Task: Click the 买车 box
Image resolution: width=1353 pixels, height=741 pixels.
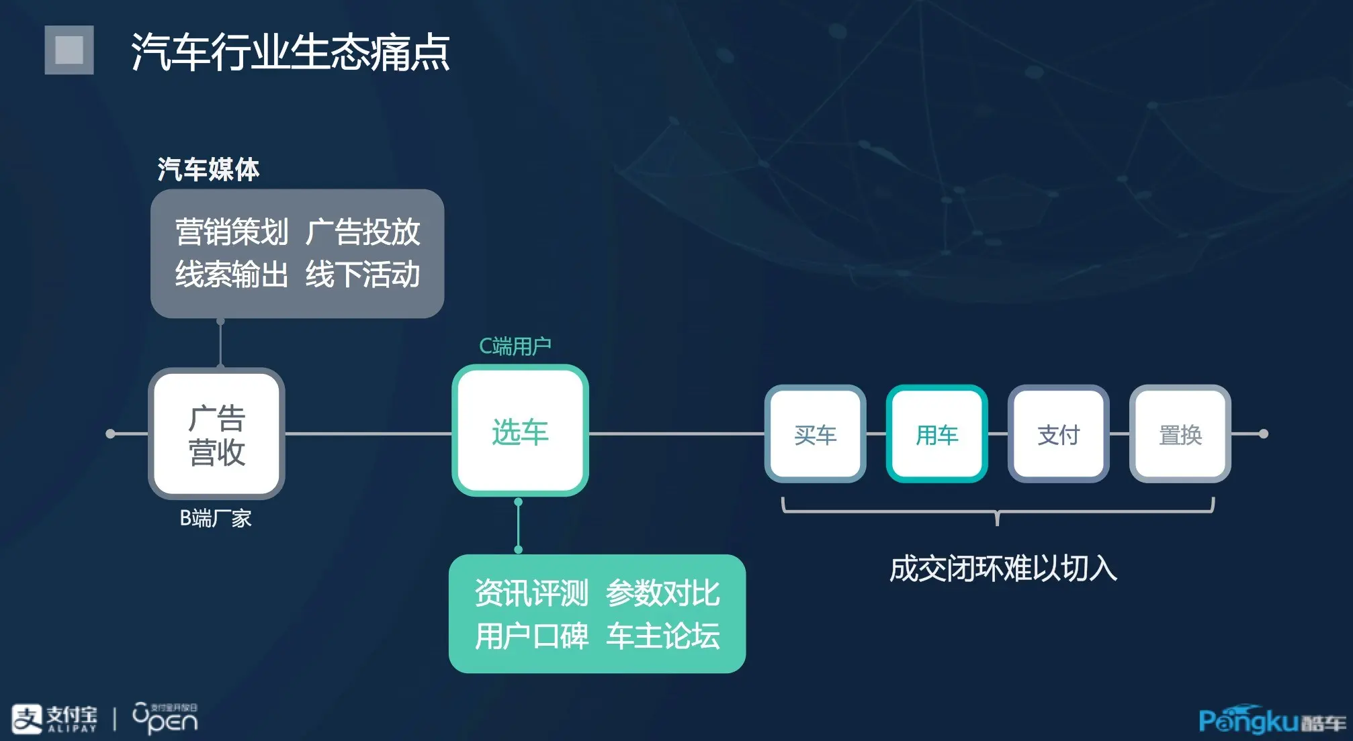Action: pos(815,434)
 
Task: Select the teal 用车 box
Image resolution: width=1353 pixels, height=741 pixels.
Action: pos(936,434)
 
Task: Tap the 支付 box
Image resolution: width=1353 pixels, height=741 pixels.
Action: pos(1058,434)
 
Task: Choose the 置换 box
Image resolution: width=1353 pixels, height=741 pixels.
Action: pos(1180,434)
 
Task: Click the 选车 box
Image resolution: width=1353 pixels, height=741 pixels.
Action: pos(520,431)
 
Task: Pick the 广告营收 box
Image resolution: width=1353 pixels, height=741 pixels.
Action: pos(216,434)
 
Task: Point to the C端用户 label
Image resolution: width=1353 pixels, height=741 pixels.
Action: pos(515,346)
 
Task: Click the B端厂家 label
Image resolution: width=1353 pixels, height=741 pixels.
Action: pos(215,518)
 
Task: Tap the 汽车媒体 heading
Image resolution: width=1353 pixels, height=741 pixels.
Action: pos(208,169)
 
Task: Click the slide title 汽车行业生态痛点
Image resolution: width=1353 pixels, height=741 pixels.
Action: pos(290,52)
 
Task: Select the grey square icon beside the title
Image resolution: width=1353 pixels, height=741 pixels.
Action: pos(69,50)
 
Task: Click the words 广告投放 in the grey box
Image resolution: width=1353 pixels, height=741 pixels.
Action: pos(363,232)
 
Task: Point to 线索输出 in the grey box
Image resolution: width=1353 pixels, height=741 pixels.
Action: pos(231,275)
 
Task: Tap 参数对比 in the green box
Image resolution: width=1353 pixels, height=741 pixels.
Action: pos(662,593)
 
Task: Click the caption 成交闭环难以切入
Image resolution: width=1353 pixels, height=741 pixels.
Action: pos(1003,569)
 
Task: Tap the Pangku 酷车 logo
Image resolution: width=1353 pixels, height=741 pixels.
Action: pos(1272,720)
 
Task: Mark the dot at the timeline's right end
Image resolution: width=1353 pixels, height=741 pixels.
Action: pos(1263,434)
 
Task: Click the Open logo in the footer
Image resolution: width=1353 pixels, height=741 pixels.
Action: pos(165,719)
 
